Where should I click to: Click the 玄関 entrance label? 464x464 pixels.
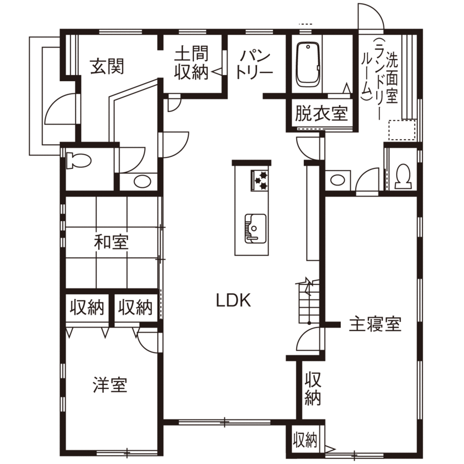(x=107, y=67)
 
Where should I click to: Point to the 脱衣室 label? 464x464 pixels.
(x=321, y=114)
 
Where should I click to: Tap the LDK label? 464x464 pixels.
(x=233, y=300)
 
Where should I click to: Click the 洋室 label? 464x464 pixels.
(x=110, y=385)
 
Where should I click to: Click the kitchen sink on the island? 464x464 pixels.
(x=255, y=227)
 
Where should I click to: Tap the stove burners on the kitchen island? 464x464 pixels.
(x=259, y=180)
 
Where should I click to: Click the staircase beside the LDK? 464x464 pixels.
(x=307, y=302)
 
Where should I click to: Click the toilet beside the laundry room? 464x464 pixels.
(x=403, y=175)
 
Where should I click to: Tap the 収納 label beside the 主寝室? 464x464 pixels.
(x=313, y=389)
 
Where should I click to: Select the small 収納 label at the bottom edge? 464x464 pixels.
(x=305, y=440)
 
